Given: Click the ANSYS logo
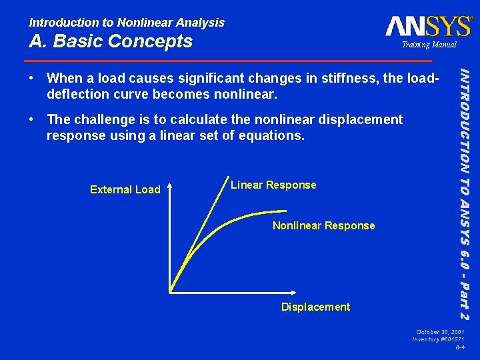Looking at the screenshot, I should [x=428, y=26].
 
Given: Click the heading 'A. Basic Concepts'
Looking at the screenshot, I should [x=110, y=41].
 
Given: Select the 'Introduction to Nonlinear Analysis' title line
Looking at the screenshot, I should [x=126, y=23].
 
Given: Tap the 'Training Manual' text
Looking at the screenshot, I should [x=429, y=45].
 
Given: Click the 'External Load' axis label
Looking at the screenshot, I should [x=125, y=190].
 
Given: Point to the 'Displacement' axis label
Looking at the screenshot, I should [x=315, y=307].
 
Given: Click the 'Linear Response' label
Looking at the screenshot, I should [x=273, y=185].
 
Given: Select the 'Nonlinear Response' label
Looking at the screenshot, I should [x=323, y=226].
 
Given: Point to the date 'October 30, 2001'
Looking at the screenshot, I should [x=441, y=331].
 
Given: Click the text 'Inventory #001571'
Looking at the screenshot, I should [x=438, y=340].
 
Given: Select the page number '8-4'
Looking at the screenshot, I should [x=460, y=348].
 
